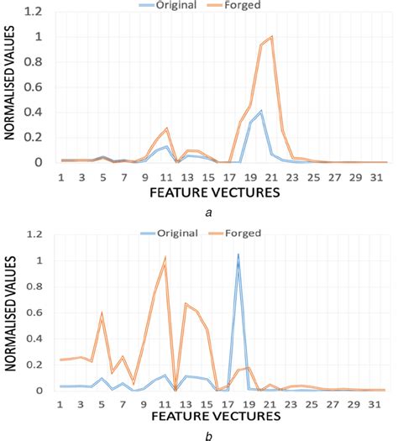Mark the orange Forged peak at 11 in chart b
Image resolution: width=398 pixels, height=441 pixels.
165,258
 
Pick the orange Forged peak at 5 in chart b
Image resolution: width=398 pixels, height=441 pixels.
102,313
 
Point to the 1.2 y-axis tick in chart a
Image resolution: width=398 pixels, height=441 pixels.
37,12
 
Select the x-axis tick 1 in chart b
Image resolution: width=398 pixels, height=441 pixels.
60,405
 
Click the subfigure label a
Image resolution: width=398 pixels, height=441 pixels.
207,213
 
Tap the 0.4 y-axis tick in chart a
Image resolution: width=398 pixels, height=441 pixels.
37,113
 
